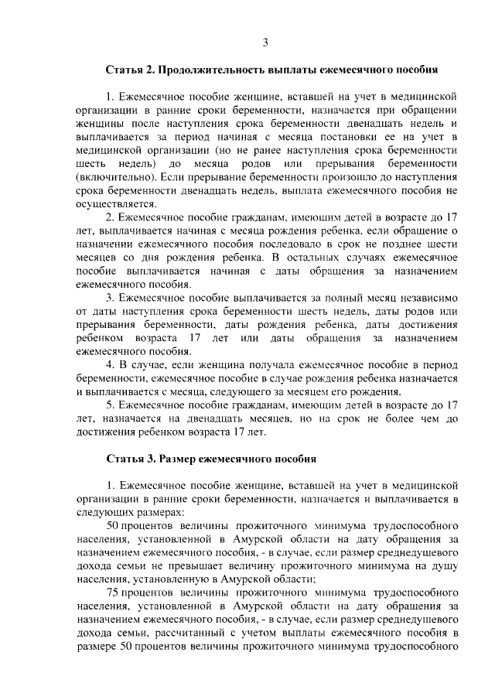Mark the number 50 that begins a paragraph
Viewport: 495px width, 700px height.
112,525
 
